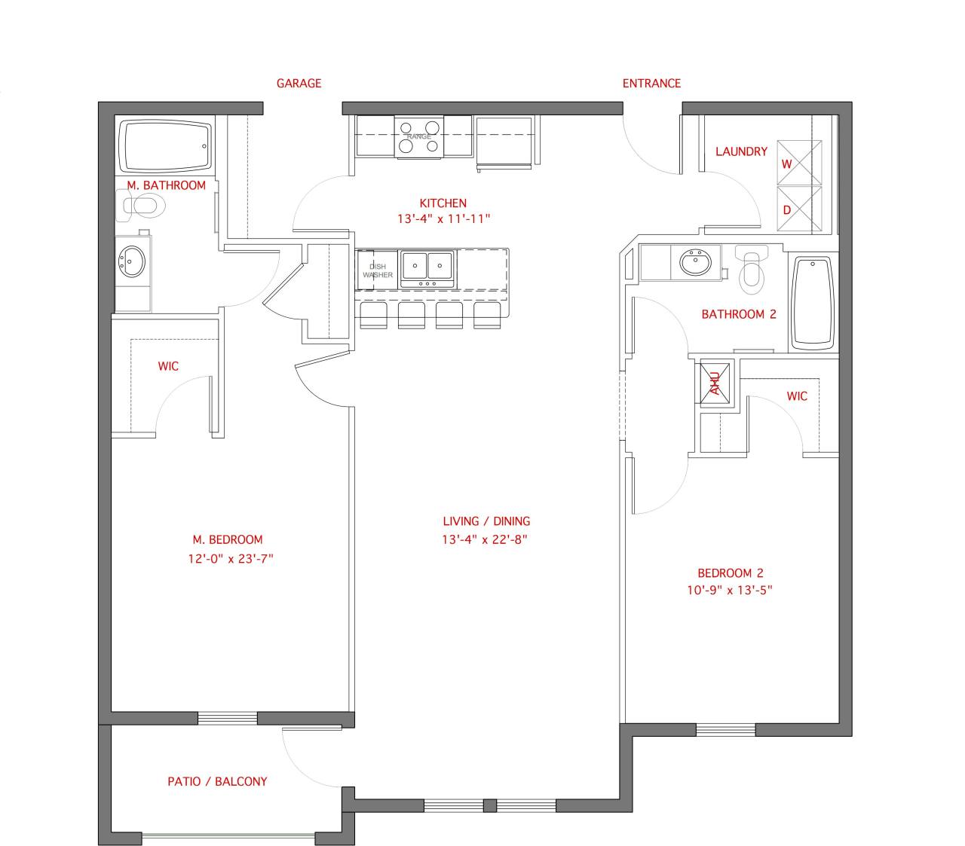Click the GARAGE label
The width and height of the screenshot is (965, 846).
point(299,84)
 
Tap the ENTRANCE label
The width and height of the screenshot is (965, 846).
point(651,84)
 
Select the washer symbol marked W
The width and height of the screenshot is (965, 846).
point(799,163)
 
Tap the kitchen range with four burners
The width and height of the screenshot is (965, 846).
point(419,137)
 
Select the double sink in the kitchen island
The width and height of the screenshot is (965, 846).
point(427,267)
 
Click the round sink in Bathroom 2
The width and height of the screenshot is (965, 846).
point(694,263)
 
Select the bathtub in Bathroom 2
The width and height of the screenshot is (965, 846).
point(813,302)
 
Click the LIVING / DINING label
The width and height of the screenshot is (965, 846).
point(486,521)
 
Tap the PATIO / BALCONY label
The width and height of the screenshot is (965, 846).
point(217,781)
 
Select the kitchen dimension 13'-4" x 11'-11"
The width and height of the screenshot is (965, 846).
point(443,219)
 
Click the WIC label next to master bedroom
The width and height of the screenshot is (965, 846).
point(168,366)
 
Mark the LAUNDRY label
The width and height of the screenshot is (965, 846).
point(741,151)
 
